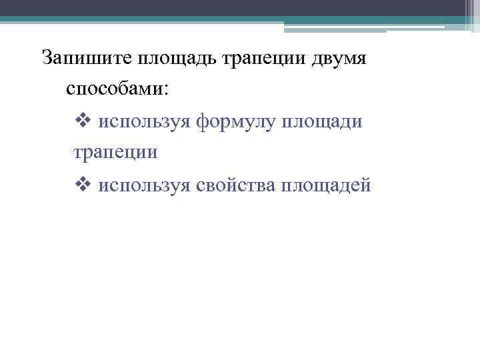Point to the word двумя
pos(342,58)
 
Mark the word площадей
pos(326,185)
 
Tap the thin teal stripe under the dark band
pos(200,19)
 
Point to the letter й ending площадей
pos(365,185)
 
